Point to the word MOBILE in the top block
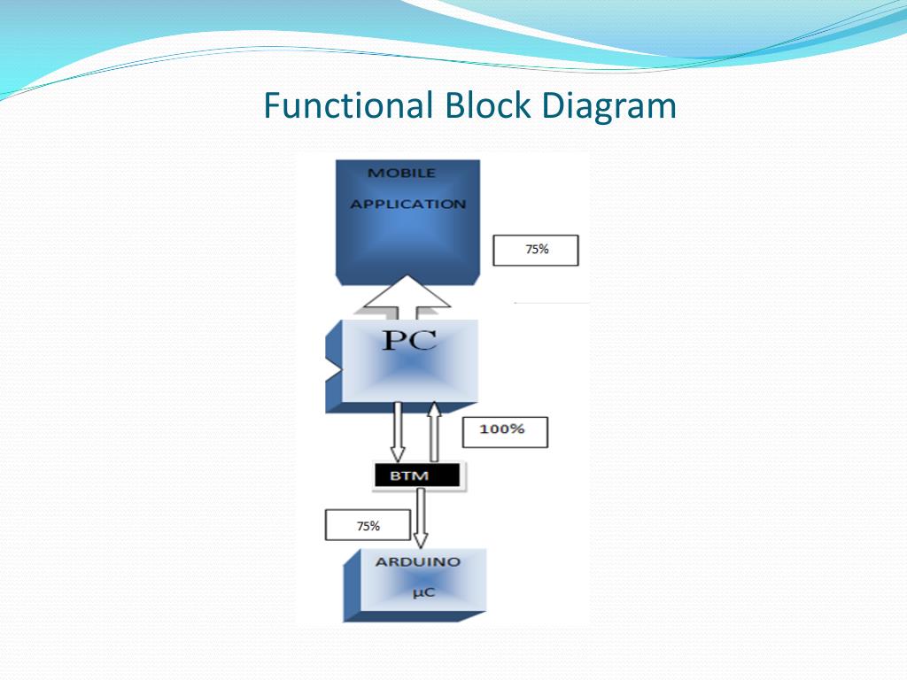tap(401, 173)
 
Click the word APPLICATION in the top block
tap(407, 204)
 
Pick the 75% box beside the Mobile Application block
tap(535, 250)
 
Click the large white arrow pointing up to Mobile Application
tap(407, 297)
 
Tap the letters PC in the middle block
tap(409, 338)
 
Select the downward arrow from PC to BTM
tap(398, 431)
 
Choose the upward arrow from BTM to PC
tap(434, 431)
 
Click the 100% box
tap(505, 431)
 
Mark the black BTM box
tap(416, 475)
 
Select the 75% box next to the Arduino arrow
tap(368, 525)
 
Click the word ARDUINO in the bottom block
tap(417, 561)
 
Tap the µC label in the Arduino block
tap(424, 591)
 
